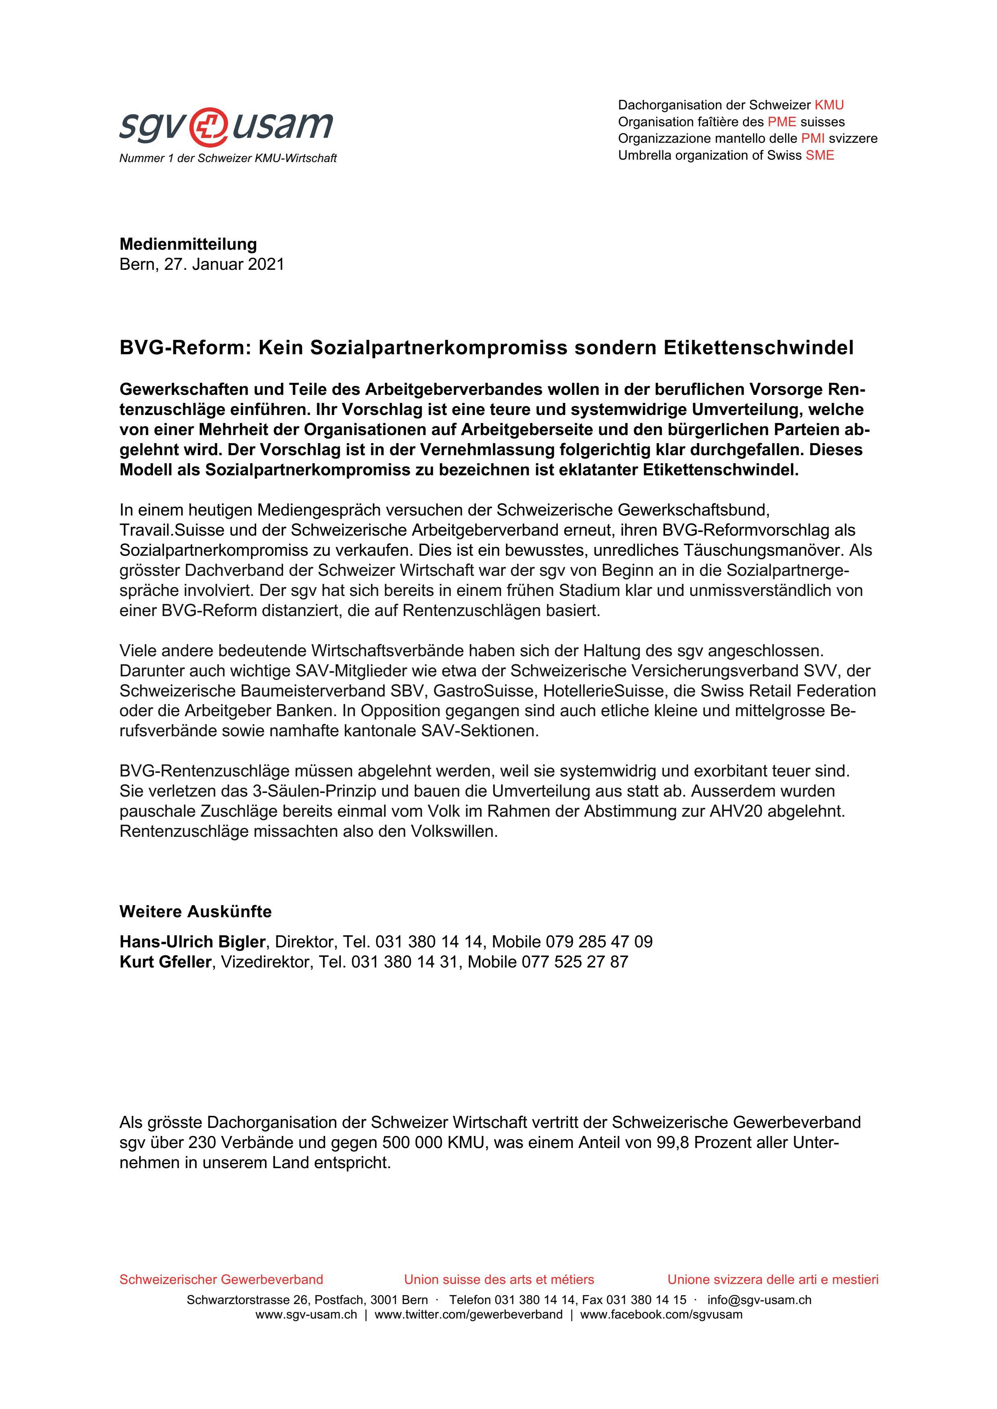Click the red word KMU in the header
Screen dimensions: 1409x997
pos(829,105)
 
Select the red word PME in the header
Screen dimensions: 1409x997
pos(781,121)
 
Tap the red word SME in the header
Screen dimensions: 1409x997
pos(820,155)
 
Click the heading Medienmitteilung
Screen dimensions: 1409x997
pos(188,244)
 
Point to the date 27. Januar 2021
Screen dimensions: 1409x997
pos(224,265)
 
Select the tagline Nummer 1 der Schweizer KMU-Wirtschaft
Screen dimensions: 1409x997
pos(228,158)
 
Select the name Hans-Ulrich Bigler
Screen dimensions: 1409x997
pos(192,941)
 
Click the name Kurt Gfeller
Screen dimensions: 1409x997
pos(165,961)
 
